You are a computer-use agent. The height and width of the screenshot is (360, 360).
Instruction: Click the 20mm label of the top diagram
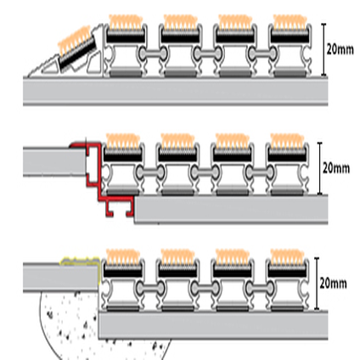(x=340, y=49)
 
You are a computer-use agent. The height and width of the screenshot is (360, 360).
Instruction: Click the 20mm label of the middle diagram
(x=336, y=168)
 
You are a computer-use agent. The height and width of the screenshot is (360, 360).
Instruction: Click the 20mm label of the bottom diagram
(x=333, y=283)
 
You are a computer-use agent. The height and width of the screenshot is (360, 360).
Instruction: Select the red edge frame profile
(x=99, y=176)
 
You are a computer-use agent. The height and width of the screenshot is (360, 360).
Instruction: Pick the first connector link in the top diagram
(x=153, y=53)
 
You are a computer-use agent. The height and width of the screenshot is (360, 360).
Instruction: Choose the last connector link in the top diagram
(x=262, y=53)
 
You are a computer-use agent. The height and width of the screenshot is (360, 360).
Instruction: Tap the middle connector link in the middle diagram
(x=205, y=172)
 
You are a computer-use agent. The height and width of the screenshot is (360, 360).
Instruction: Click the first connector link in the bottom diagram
(x=150, y=288)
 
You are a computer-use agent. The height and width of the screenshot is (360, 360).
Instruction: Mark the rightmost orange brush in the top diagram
(x=290, y=22)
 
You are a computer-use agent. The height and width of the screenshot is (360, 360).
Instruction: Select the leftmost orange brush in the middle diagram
(x=123, y=141)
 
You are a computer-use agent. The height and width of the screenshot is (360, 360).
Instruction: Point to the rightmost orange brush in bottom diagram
(x=287, y=256)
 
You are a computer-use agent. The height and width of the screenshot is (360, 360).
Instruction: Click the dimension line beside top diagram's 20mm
(x=323, y=49)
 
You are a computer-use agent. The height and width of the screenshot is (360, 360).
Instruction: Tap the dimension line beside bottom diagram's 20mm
(x=317, y=284)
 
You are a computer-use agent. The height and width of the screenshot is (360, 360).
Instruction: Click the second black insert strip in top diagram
(x=180, y=37)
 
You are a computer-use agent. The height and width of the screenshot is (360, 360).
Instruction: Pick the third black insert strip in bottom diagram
(x=232, y=272)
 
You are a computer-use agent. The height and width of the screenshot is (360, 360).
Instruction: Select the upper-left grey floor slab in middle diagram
(x=54, y=161)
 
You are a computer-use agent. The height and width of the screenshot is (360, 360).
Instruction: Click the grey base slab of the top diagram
(x=176, y=91)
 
